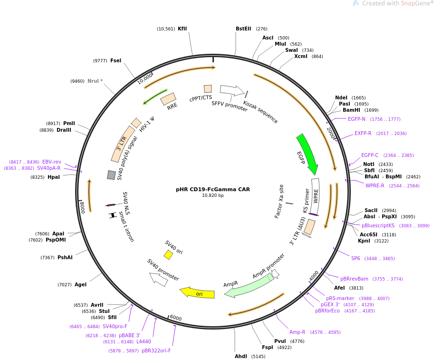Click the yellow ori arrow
pos(197,293)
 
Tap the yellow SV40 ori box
pos(168,255)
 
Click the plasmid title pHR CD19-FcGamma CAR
pos(213,189)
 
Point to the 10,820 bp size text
pos(213,195)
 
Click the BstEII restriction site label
pos(243,29)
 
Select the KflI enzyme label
pos(182,29)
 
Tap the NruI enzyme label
pos(95,81)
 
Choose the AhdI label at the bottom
pos(241,356)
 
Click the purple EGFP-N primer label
pos(357,119)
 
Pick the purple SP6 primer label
pos(356,258)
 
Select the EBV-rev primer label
pos(51,162)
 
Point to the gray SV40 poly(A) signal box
pos(111,175)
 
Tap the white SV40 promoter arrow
pos(158,279)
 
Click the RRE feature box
pos(168,99)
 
